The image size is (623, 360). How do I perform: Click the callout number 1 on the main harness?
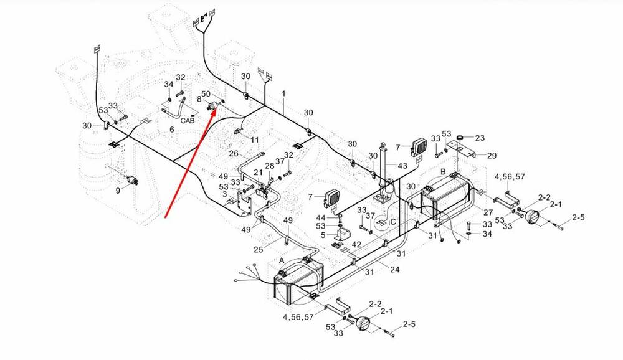pos(283,93)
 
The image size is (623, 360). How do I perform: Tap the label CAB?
pos(188,121)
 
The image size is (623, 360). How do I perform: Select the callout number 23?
pos(480,138)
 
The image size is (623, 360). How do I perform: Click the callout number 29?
pos(492,156)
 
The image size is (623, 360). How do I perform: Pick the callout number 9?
pos(118,191)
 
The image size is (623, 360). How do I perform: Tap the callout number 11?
pos(255,140)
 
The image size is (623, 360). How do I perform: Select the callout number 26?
pos(234,154)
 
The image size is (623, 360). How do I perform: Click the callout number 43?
pos(402,165)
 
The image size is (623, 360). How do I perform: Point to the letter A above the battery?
pos(282,260)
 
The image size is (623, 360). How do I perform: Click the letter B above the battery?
pos(443,170)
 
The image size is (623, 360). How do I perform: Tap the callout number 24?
pos(394,269)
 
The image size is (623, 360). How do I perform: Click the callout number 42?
pos(356,245)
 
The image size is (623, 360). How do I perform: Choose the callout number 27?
pos(488,212)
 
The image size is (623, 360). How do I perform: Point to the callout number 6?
pos(172,130)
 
